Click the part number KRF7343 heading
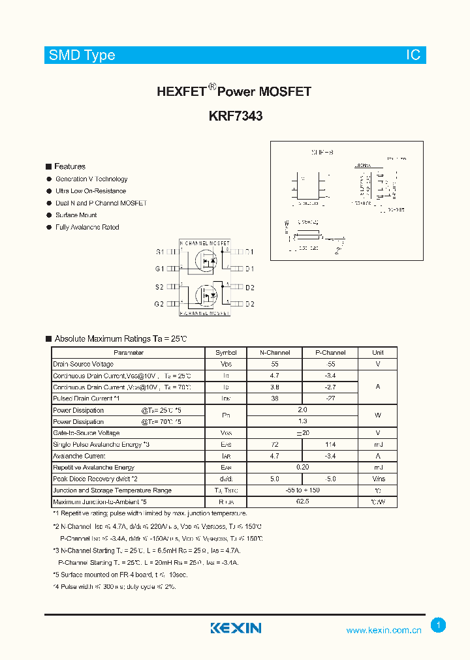click(x=236, y=117)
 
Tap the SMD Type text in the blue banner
click(x=82, y=55)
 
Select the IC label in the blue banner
click(x=414, y=55)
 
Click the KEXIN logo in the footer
click(x=236, y=628)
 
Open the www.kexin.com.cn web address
click(x=383, y=630)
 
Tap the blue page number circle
click(x=439, y=625)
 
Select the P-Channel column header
click(x=330, y=353)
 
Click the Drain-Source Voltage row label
click(x=84, y=364)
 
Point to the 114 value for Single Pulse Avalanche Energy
click(x=330, y=444)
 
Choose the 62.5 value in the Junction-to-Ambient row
click(x=302, y=502)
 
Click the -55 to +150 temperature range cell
click(x=302, y=490)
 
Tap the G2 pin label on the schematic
click(x=159, y=305)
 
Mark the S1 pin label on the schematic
click(x=159, y=252)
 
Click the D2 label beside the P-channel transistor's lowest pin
click(x=250, y=305)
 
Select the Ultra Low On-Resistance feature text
click(x=91, y=191)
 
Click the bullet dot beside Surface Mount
click(x=49, y=215)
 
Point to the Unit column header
click(x=378, y=353)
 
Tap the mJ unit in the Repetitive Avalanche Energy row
click(x=378, y=468)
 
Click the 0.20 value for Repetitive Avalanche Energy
click(x=302, y=468)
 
